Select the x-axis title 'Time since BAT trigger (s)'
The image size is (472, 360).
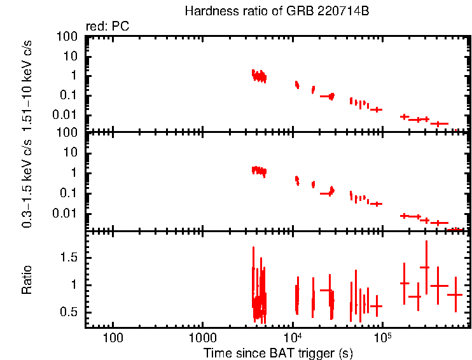(x=278, y=352)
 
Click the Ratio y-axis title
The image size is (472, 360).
(x=27, y=279)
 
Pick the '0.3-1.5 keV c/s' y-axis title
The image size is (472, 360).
(x=27, y=181)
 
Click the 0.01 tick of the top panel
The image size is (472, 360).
(x=68, y=115)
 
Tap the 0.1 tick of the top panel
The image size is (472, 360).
(x=71, y=95)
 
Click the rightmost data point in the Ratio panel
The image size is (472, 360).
(x=455, y=294)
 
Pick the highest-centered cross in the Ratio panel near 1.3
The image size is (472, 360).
(x=425, y=267)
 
